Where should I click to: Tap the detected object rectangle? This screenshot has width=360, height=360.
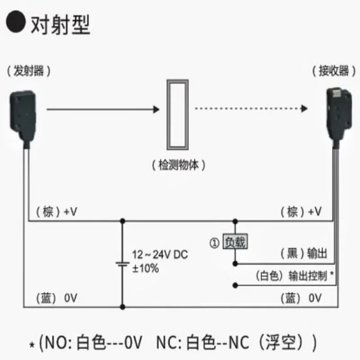click(x=177, y=114)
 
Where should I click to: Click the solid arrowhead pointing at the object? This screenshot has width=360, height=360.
click(x=157, y=109)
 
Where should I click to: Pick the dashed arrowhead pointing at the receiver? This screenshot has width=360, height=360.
click(x=305, y=109)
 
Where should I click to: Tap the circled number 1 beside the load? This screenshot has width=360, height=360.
click(x=214, y=243)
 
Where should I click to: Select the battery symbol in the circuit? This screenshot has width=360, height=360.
click(x=122, y=264)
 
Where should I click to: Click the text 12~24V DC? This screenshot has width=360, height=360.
click(x=160, y=255)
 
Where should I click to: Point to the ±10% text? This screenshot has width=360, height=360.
click(x=145, y=269)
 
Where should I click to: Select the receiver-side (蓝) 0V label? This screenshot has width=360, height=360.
click(x=301, y=298)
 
